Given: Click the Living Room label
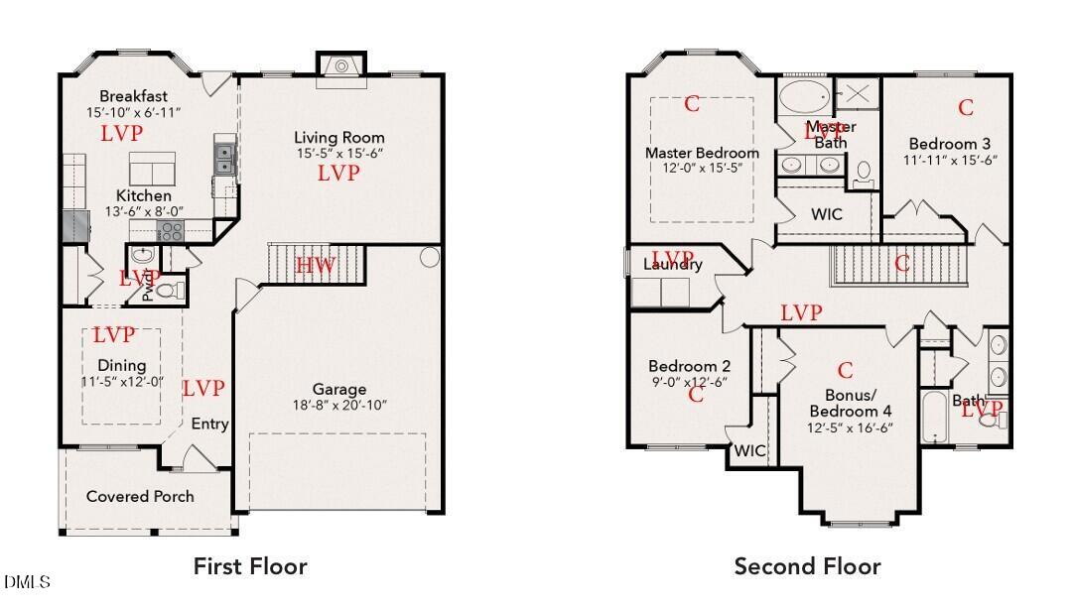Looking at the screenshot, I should pyautogui.click(x=339, y=138).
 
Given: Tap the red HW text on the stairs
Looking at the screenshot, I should pyautogui.click(x=316, y=265).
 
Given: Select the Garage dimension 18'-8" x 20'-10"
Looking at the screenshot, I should pyautogui.click(x=339, y=405).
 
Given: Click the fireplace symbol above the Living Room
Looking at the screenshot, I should pyautogui.click(x=341, y=65).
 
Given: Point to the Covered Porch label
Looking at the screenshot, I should pyautogui.click(x=140, y=496).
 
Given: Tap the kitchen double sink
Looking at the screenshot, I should pyautogui.click(x=223, y=157).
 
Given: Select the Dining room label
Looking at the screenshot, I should pyautogui.click(x=122, y=365).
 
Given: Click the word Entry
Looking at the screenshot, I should pyautogui.click(x=209, y=424).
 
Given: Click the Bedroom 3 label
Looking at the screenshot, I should pyautogui.click(x=950, y=144).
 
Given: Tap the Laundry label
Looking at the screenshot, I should pyautogui.click(x=673, y=264).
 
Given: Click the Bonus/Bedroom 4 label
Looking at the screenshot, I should pyautogui.click(x=850, y=404).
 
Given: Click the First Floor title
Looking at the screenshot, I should pyautogui.click(x=250, y=566).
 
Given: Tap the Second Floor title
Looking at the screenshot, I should pyautogui.click(x=807, y=566).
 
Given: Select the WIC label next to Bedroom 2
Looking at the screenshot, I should pyautogui.click(x=749, y=450).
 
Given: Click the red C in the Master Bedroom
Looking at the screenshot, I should pyautogui.click(x=692, y=104).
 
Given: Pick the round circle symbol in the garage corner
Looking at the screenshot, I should pyautogui.click(x=429, y=257).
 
